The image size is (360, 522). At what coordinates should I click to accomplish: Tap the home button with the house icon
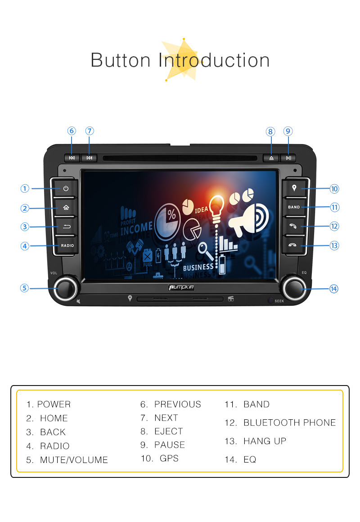point(66,208)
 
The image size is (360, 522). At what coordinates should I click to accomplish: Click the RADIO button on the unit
point(67,245)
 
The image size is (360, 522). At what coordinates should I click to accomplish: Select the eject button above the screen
point(271,158)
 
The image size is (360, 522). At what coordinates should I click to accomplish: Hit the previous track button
point(72,158)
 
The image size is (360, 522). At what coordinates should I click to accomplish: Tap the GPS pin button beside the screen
point(294,188)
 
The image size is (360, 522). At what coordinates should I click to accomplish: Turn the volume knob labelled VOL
point(66,288)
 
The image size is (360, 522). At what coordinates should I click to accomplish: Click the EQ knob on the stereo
point(294,288)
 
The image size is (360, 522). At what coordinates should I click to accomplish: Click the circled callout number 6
point(72,131)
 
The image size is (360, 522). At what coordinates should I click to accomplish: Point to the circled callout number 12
point(334,227)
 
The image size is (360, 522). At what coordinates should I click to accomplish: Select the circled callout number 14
point(334,289)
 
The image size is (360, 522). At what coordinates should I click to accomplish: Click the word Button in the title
point(121,60)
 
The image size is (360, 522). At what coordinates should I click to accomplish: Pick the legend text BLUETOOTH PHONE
point(289,422)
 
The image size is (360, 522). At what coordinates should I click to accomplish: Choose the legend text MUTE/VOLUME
point(74,460)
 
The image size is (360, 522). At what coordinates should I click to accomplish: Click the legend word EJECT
point(169,431)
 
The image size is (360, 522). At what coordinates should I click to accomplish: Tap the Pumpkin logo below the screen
point(181,287)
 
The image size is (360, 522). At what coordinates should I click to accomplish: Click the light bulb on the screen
point(216,209)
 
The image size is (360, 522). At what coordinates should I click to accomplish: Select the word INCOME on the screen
point(136,228)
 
